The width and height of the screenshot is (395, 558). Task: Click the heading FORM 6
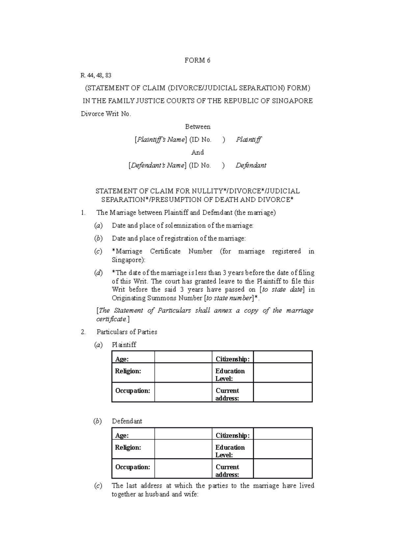click(x=197, y=60)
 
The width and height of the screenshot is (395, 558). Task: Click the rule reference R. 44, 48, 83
click(x=96, y=75)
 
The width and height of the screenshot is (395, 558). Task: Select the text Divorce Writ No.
click(x=106, y=114)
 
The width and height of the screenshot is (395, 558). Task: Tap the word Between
click(x=197, y=127)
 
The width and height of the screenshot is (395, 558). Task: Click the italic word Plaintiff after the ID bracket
click(x=249, y=140)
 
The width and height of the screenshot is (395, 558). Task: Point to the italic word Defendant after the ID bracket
click(x=251, y=165)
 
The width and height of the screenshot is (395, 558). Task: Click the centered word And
click(x=197, y=152)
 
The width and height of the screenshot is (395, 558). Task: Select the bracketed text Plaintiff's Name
click(x=161, y=140)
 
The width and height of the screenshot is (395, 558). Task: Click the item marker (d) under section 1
click(x=98, y=273)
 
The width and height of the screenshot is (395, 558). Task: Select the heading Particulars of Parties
click(x=127, y=332)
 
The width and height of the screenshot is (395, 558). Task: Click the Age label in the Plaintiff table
click(x=122, y=359)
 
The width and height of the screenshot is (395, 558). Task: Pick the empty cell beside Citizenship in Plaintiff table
click(x=282, y=357)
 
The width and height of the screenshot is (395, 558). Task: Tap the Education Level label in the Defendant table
click(x=230, y=451)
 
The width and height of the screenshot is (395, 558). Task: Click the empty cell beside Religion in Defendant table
click(x=183, y=449)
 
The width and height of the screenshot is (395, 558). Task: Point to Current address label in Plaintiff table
click(x=227, y=394)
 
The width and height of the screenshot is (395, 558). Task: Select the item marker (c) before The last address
click(x=98, y=486)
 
